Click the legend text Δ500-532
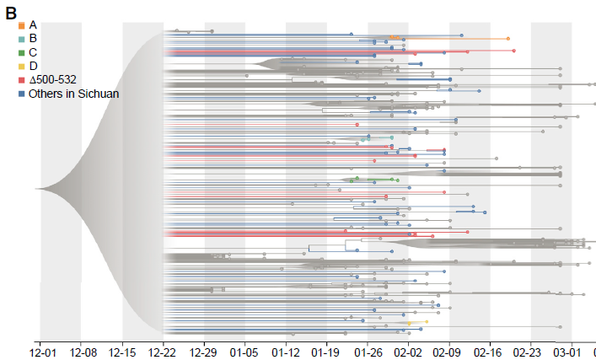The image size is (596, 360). (x=53, y=79)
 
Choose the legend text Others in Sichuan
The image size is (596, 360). (x=73, y=94)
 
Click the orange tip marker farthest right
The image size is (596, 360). (x=507, y=39)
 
